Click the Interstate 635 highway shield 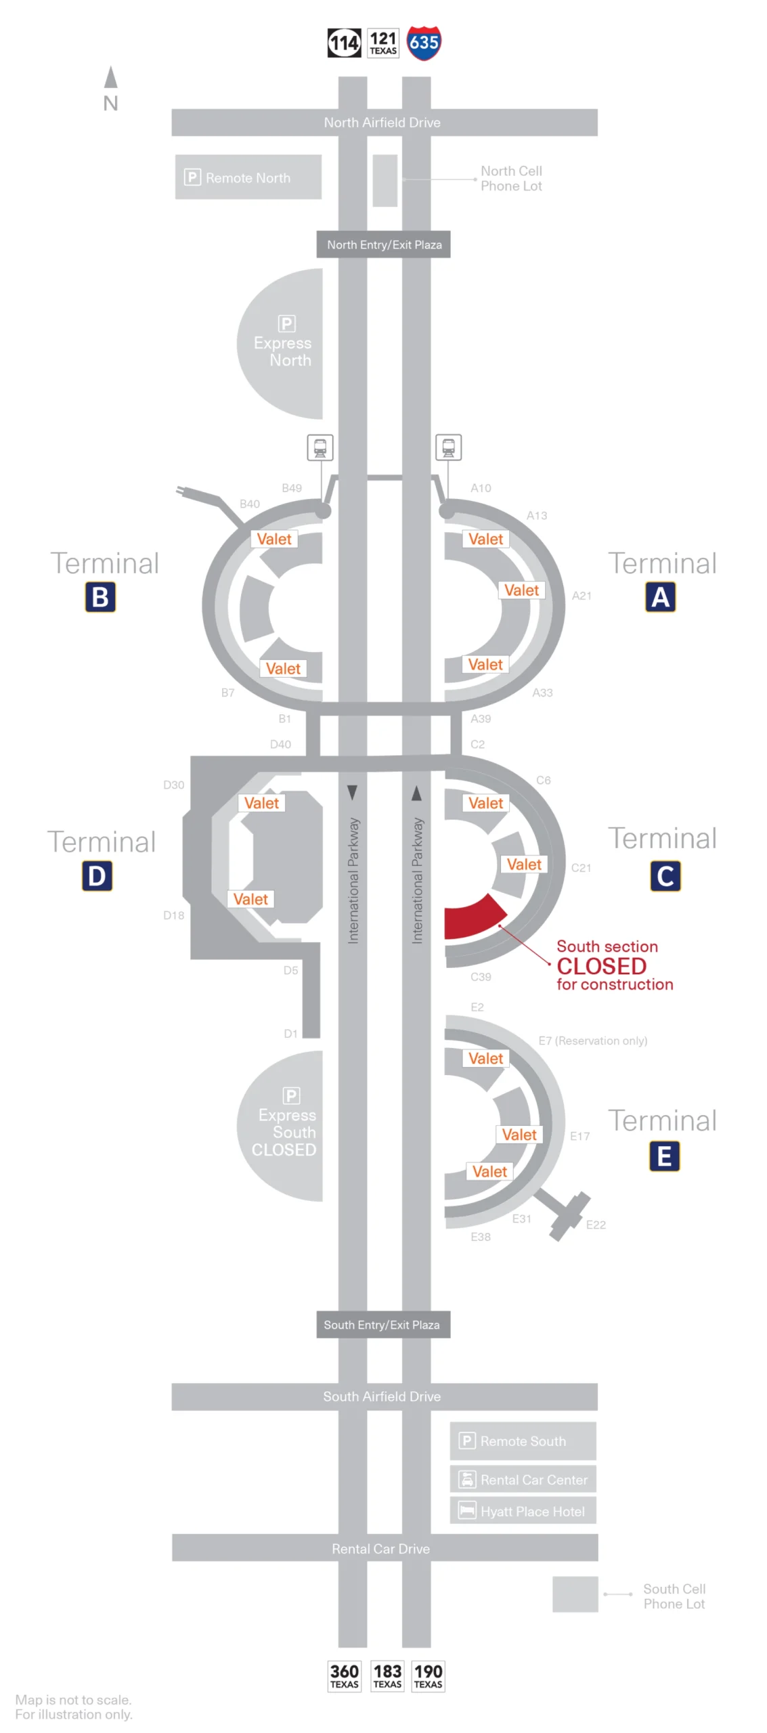coord(423,43)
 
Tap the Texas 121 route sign coord(382,43)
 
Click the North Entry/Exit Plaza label coord(383,244)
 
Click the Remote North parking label coord(247,177)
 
